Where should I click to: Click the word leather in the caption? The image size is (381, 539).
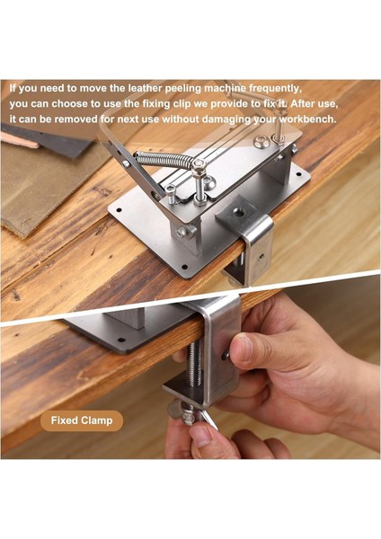tap(145, 88)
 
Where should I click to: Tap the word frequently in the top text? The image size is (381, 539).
tap(274, 89)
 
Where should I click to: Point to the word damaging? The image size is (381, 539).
tap(226, 119)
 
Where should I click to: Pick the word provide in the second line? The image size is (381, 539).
tap(227, 104)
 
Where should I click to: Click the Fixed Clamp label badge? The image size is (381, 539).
tap(82, 420)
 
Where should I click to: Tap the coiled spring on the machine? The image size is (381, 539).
tap(164, 160)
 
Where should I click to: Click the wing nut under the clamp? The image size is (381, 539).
tap(192, 417)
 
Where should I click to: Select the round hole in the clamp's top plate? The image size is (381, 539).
tap(238, 213)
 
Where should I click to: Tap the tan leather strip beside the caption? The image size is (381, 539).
tap(19, 140)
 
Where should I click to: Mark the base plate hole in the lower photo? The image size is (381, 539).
tap(121, 340)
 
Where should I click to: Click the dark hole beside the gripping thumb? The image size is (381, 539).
tap(226, 355)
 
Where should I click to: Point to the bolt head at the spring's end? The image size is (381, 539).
tap(199, 163)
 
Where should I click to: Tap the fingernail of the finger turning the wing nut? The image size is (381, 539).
tap(200, 435)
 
